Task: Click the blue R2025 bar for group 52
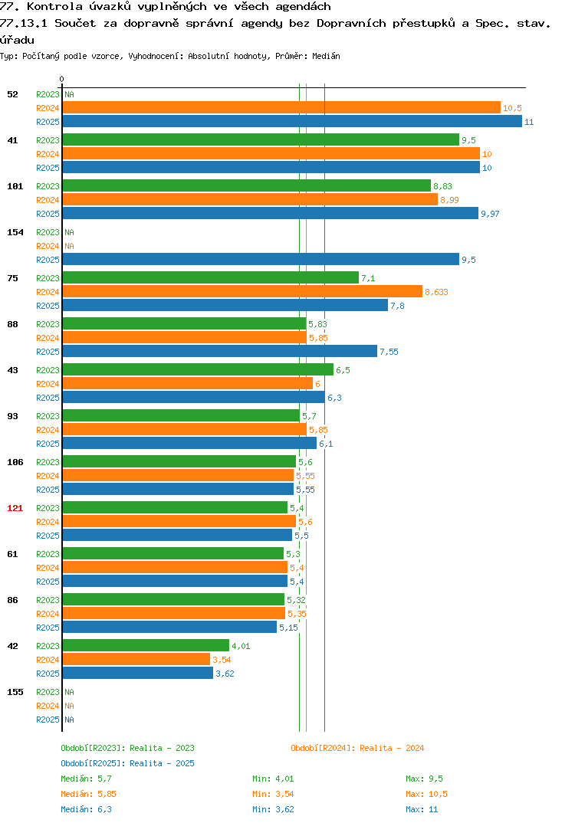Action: tap(293, 121)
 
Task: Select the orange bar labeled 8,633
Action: tap(242, 291)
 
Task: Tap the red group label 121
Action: tap(15, 508)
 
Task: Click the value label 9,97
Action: tap(490, 214)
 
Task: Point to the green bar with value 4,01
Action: tap(146, 645)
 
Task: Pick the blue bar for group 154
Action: tap(261, 259)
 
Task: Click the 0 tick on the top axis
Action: tap(62, 79)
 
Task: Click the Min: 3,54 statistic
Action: tap(273, 794)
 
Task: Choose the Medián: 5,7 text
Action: tap(86, 779)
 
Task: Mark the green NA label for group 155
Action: tap(69, 692)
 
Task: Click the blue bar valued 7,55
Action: tap(220, 351)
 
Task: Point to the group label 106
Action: tap(15, 462)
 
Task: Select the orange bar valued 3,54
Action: tap(136, 659)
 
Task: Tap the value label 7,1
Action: tap(368, 278)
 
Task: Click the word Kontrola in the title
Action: tap(54, 6)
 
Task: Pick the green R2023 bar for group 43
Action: tap(198, 369)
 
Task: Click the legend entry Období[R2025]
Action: tap(93, 763)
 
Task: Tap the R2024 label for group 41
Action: tap(48, 154)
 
